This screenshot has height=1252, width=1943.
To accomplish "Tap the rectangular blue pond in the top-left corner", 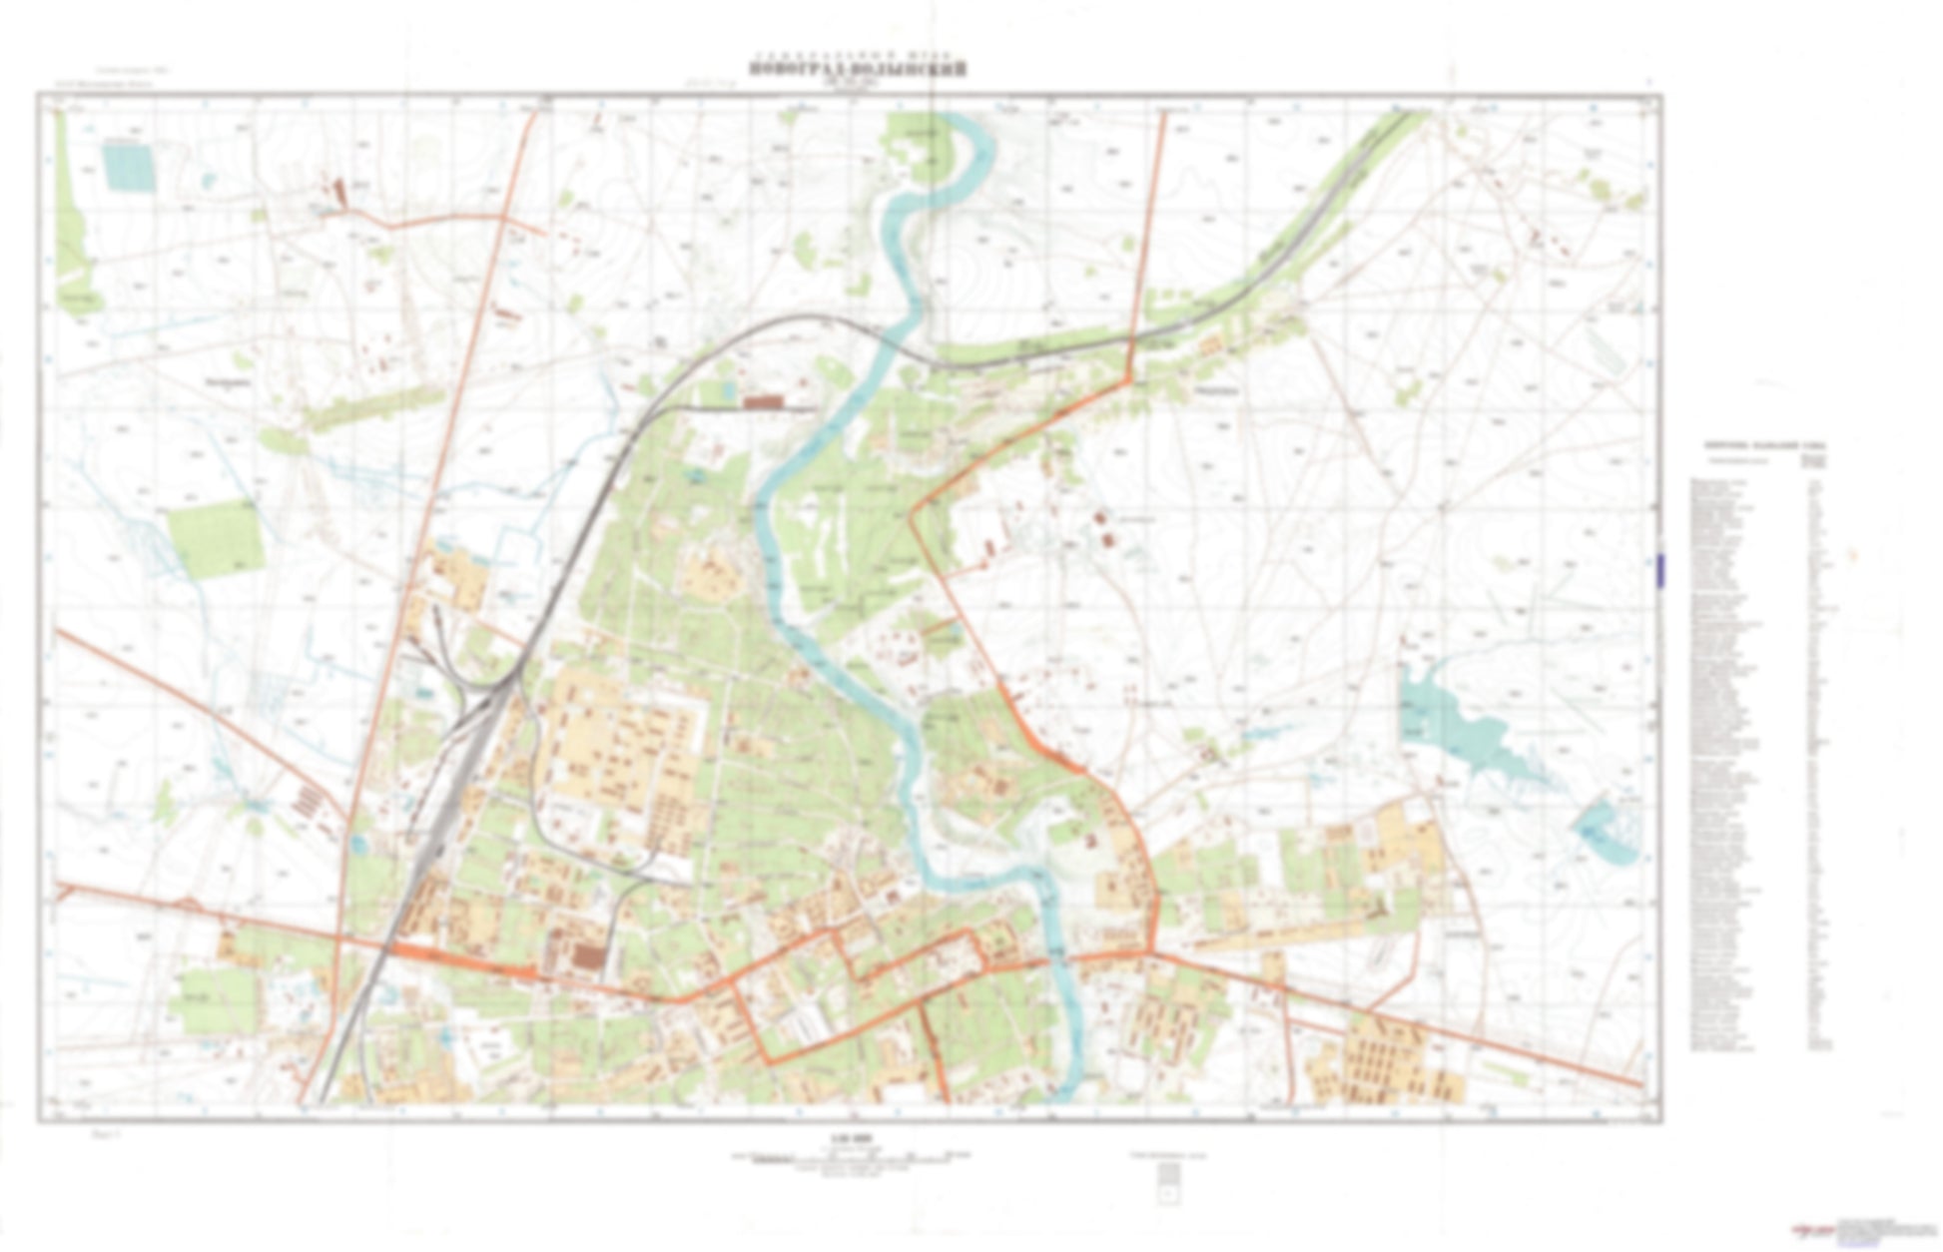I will click(x=130, y=167).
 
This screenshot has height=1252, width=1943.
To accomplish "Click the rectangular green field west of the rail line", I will click(x=215, y=539).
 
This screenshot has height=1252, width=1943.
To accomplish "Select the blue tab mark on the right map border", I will click(x=1659, y=569).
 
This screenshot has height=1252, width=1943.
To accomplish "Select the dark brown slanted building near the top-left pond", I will click(x=336, y=190).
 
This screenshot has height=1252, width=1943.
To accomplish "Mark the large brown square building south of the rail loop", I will click(x=589, y=956).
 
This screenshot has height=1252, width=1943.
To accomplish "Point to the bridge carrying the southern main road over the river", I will click(x=1060, y=958).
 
